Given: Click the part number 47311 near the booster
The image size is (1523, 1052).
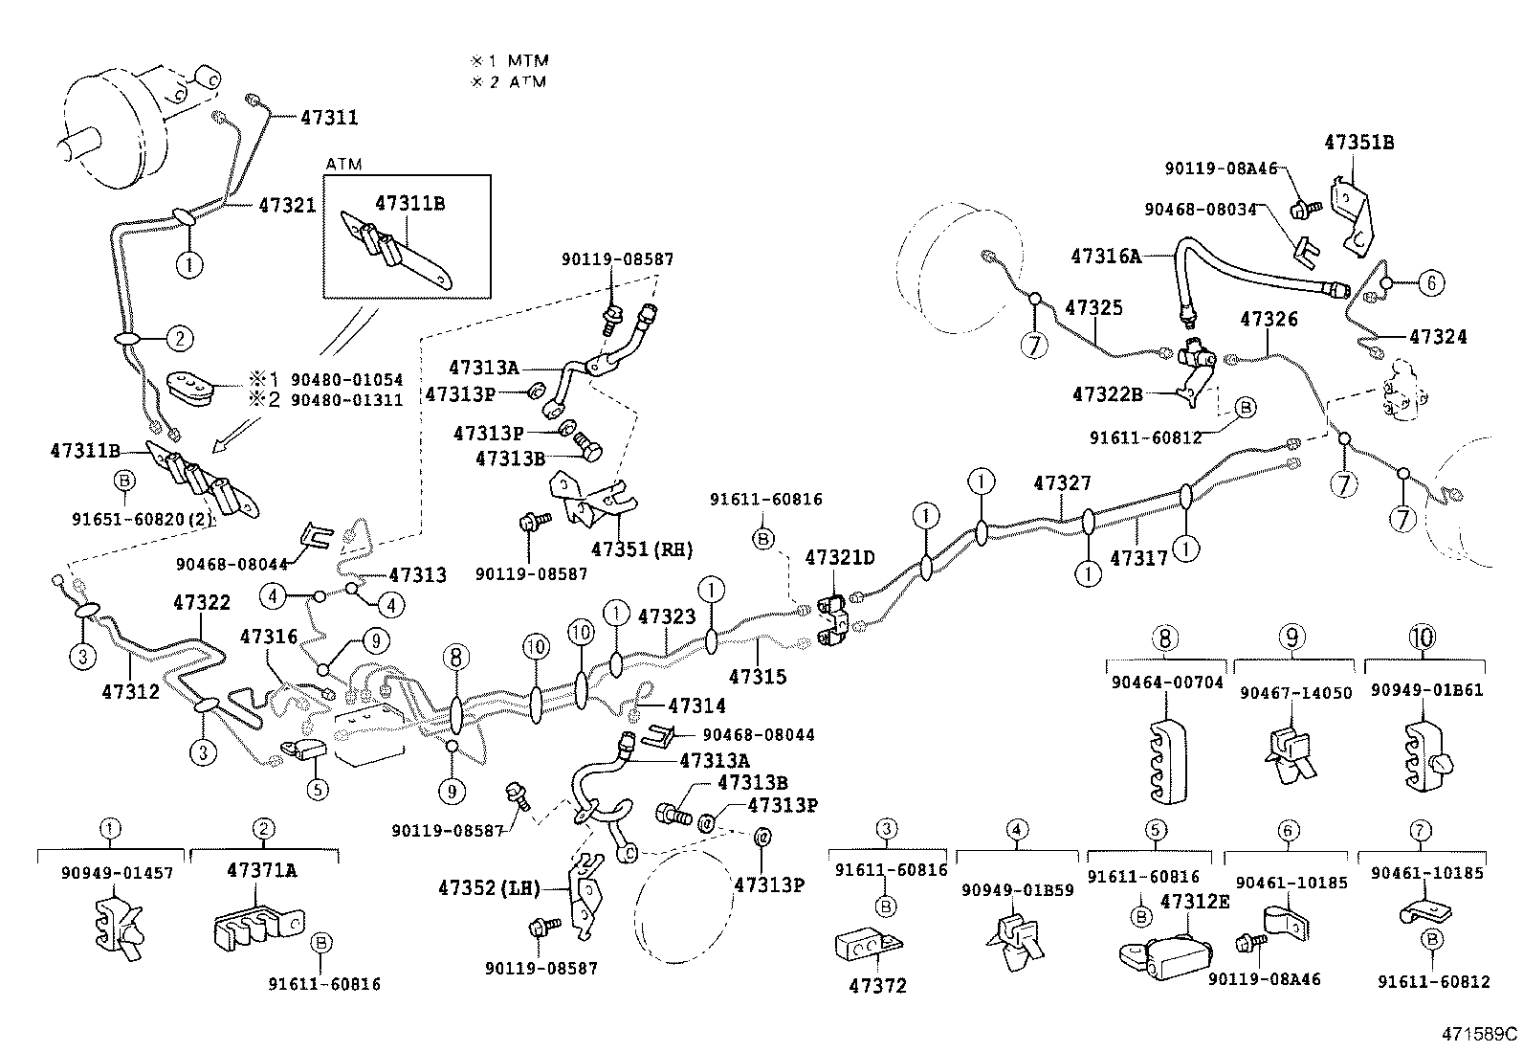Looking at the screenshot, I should (329, 118).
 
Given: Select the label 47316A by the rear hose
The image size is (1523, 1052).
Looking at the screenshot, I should (1106, 256).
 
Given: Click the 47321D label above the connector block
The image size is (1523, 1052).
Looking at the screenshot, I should (840, 558).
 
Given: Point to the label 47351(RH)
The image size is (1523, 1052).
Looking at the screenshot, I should (642, 549).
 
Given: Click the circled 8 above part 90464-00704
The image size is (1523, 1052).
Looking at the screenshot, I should (1164, 638).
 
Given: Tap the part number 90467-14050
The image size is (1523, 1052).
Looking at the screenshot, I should (1296, 692).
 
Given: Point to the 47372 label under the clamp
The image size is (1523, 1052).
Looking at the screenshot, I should (877, 985).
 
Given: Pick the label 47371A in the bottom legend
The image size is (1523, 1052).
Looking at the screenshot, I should (261, 870).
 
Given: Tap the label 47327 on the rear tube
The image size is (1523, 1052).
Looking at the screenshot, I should (1062, 483).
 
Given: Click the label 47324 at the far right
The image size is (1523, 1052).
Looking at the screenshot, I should (1437, 337).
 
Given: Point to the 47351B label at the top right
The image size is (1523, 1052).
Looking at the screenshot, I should (1358, 143).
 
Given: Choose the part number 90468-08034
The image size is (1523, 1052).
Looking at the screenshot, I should (1200, 209).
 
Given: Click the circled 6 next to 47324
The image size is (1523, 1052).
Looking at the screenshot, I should (1430, 282).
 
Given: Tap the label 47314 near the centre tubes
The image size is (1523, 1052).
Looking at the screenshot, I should (696, 705).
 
